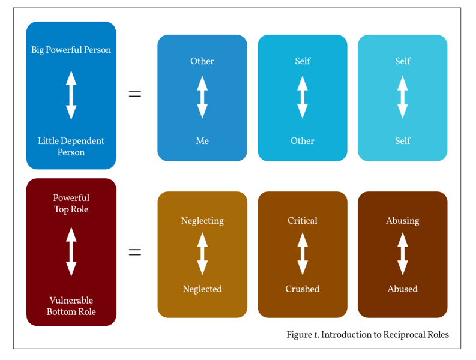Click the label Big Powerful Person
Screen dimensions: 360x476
pyautogui.click(x=71, y=50)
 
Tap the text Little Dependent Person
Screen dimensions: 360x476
pyautogui.click(x=71, y=146)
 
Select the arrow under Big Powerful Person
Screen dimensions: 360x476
pyautogui.click(x=71, y=95)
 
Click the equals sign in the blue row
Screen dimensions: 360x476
pyautogui.click(x=135, y=94)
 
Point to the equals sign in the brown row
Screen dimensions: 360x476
pyautogui.click(x=135, y=252)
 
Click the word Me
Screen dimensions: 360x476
pyautogui.click(x=202, y=141)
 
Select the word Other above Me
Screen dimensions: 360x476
pyautogui.click(x=202, y=61)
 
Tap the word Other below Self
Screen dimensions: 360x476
pyautogui.click(x=302, y=141)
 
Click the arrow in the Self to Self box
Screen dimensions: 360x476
pyautogui.click(x=402, y=97)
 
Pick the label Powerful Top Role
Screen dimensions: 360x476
pyautogui.click(x=71, y=203)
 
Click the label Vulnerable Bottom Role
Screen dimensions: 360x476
pyautogui.click(x=71, y=306)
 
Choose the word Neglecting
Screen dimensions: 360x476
pyautogui.click(x=202, y=221)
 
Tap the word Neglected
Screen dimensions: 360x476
pyautogui.click(x=202, y=289)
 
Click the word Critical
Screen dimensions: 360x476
pyautogui.click(x=302, y=221)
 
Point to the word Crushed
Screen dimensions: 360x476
pyautogui.click(x=302, y=289)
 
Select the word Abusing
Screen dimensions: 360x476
pyautogui.click(x=402, y=221)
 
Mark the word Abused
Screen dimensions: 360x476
pyautogui.click(x=402, y=289)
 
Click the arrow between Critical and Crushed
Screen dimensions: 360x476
pyautogui.click(x=302, y=254)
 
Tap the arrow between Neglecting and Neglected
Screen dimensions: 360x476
pyautogui.click(x=202, y=254)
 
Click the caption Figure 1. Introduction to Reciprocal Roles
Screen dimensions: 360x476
pyautogui.click(x=367, y=335)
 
